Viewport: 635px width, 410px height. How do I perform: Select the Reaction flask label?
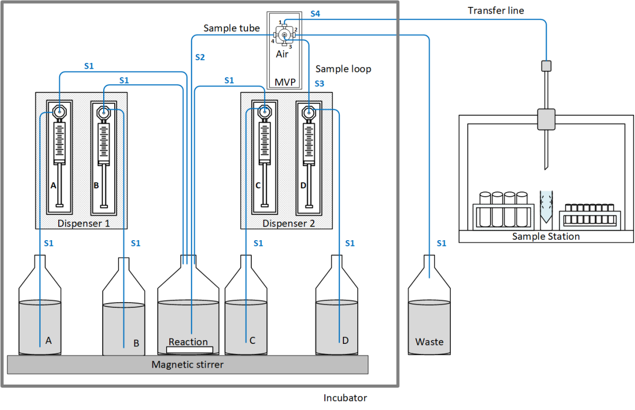[x=188, y=342]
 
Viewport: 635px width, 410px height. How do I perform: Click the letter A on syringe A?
[x=53, y=186]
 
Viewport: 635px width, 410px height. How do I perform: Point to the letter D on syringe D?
[x=303, y=186]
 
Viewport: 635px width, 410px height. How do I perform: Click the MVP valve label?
[x=285, y=83]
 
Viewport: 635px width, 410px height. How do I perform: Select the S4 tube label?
[x=315, y=14]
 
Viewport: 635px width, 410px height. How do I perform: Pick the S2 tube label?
[x=199, y=57]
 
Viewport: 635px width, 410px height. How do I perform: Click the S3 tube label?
[x=319, y=84]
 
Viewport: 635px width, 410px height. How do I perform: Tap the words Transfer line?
[x=496, y=11]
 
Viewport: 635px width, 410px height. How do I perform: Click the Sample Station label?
[x=546, y=236]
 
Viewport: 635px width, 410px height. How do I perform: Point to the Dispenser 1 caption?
[x=84, y=223]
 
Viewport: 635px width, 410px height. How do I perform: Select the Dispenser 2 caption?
[x=288, y=223]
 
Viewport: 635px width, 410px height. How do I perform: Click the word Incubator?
[x=345, y=398]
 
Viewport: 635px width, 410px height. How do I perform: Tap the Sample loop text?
[x=343, y=69]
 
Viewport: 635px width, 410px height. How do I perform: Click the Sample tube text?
[x=232, y=28]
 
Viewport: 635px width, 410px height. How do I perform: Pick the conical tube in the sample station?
[x=546, y=207]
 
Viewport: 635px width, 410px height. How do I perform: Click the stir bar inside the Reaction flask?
[x=189, y=350]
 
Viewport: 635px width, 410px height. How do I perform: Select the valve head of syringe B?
[x=103, y=113]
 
